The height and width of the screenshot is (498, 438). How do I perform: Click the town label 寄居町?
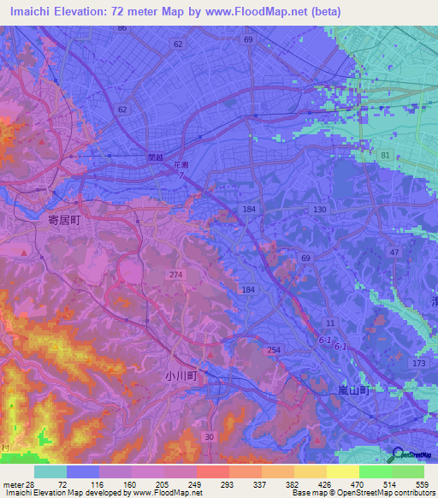tap(65, 220)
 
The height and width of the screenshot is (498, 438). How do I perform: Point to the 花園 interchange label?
tap(181, 163)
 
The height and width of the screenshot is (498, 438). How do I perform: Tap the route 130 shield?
tap(319, 210)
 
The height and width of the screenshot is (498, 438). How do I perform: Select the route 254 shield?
tap(274, 351)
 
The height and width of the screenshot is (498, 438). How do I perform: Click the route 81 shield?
tap(386, 155)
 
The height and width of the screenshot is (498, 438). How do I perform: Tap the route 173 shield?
tap(417, 365)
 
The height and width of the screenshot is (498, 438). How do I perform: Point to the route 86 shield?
tap(122, 28)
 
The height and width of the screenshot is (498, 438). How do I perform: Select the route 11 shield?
tap(329, 323)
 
